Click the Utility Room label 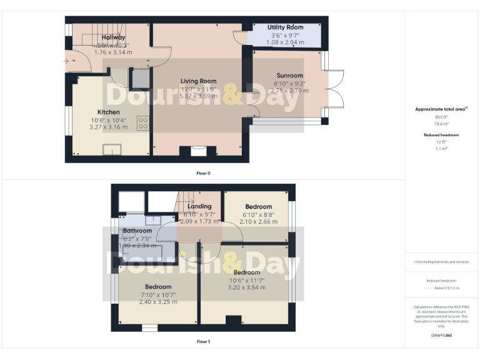coord(285,27)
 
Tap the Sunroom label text coord(289,76)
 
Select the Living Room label coord(199,81)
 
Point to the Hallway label coord(113,37)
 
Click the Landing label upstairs coord(200,206)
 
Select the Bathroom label coord(137,231)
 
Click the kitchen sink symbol coord(112,149)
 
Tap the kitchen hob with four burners coord(142,123)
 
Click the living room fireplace coord(198,151)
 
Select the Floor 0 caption coord(202,172)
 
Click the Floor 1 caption coord(203,342)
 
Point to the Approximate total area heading coord(441,109)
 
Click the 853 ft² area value coord(441,117)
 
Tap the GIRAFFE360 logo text coord(441,336)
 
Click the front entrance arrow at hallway coord(66,61)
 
